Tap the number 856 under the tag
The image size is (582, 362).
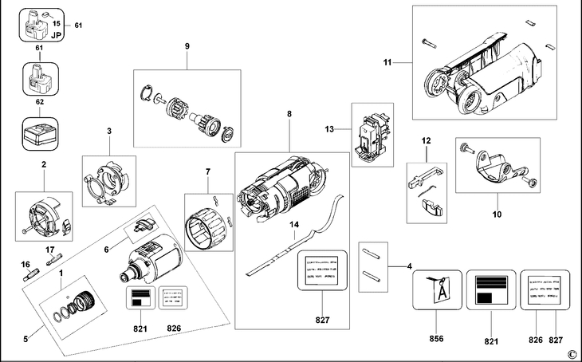pyautogui.click(x=436, y=339)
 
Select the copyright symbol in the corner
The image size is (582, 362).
pyautogui.click(x=571, y=354)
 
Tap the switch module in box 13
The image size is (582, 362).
pyautogui.click(x=372, y=135)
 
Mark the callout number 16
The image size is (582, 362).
pyautogui.click(x=26, y=263)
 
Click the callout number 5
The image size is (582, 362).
pyautogui.click(x=26, y=339)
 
